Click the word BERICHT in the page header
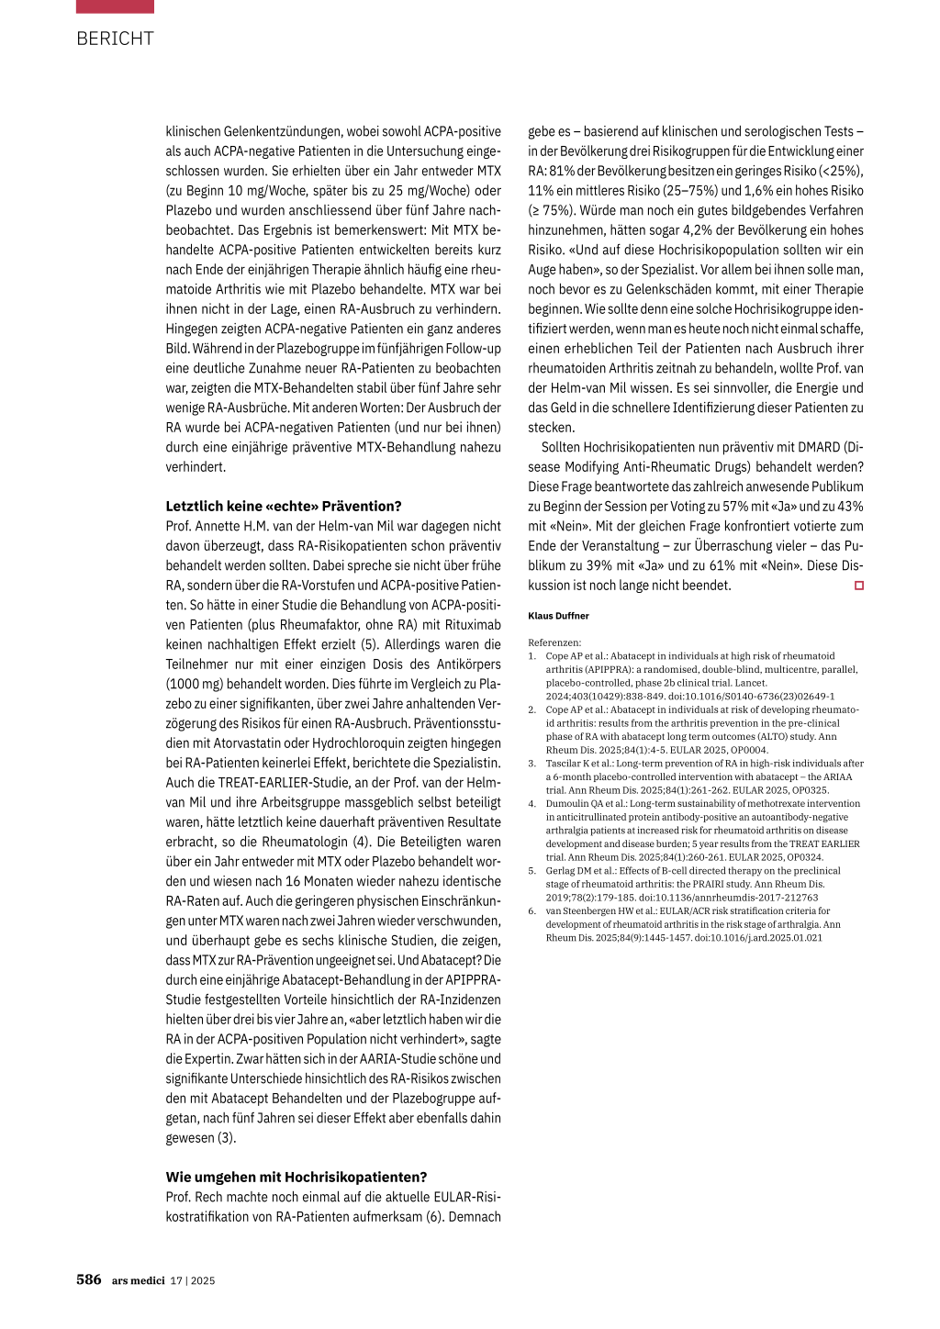pyautogui.click(x=115, y=39)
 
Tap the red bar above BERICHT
pyautogui.click(x=115, y=6)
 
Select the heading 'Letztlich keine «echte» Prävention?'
pyautogui.click(x=284, y=506)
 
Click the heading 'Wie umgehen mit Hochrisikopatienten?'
pyautogui.click(x=297, y=1177)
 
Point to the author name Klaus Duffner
pyautogui.click(x=558, y=616)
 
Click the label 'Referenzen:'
pyautogui.click(x=554, y=642)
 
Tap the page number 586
pyautogui.click(x=89, y=1279)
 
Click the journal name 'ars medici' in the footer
pyautogui.click(x=138, y=1280)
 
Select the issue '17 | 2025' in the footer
pyautogui.click(x=193, y=1280)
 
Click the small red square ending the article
pyautogui.click(x=859, y=586)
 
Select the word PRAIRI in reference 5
pyautogui.click(x=707, y=884)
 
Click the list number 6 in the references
pyautogui.click(x=532, y=910)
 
